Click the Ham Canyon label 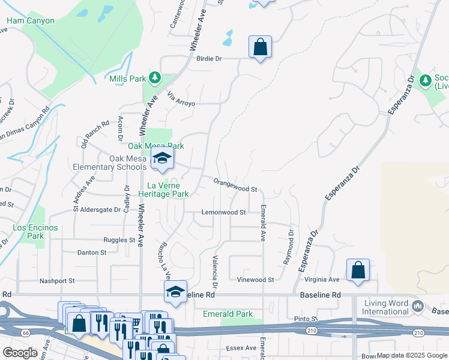click(x=31, y=21)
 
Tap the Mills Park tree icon click(x=155, y=77)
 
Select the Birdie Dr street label click(x=209, y=59)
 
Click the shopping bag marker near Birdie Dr click(x=260, y=47)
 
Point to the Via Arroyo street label click(x=181, y=99)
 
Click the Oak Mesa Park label click(x=155, y=146)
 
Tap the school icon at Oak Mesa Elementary click(x=161, y=158)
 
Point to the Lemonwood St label click(x=223, y=212)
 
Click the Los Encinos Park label click(x=35, y=232)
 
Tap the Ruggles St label click(x=119, y=240)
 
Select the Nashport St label click(x=56, y=281)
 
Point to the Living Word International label click(x=394, y=308)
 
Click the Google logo click(x=20, y=353)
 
